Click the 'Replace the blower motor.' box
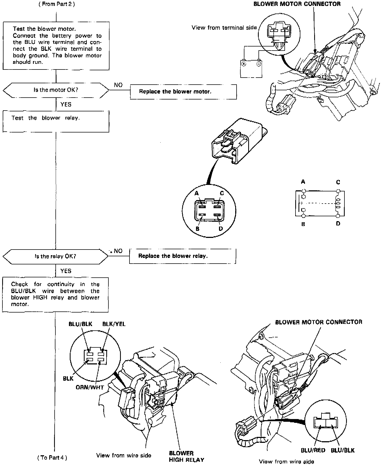(183, 92)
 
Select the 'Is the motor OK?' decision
(56, 90)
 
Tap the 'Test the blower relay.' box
(56, 122)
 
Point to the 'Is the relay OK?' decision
(55, 256)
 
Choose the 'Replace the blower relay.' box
(182, 256)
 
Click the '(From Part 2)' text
(57, 4)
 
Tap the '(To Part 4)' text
(52, 458)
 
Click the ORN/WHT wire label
(90, 387)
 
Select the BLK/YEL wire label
(114, 324)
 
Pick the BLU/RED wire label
(313, 450)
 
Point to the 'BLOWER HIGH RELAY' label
(186, 456)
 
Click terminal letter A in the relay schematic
(303, 182)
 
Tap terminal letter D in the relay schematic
(338, 224)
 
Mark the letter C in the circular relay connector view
(222, 193)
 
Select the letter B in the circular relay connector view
(197, 229)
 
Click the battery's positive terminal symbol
(244, 64)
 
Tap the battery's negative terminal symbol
(259, 64)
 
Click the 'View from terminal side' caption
(224, 28)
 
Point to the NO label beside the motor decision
(118, 85)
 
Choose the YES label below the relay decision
(66, 271)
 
